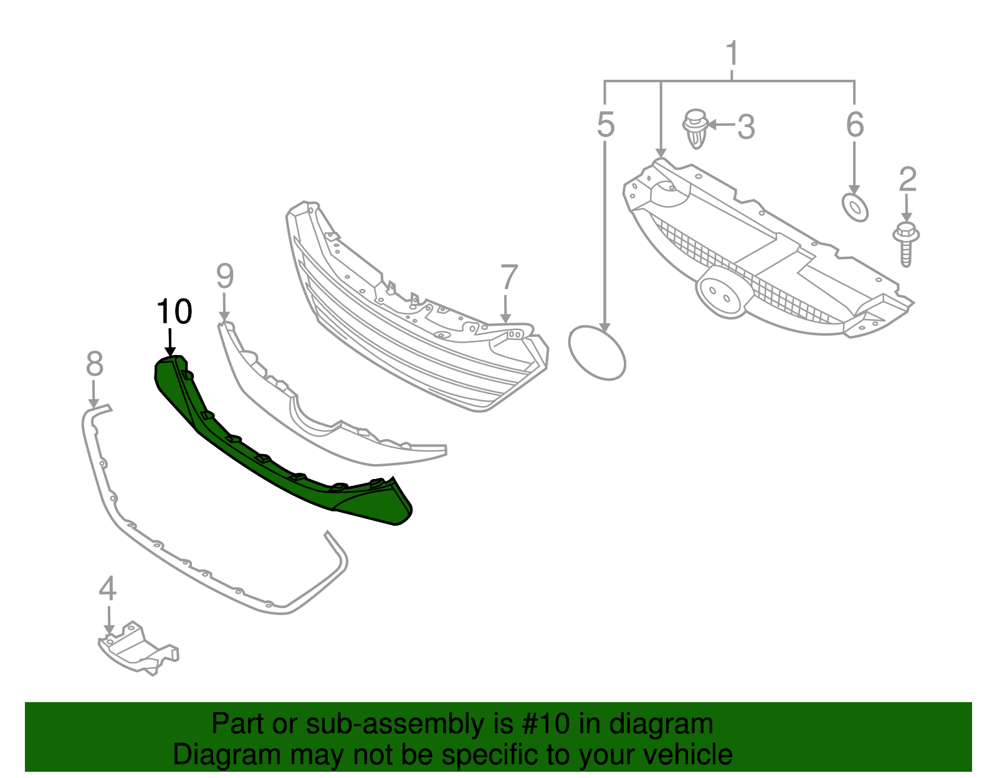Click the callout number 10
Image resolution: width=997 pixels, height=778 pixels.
click(174, 311)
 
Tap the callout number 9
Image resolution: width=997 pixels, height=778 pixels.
click(224, 276)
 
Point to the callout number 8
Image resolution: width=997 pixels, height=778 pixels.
click(94, 364)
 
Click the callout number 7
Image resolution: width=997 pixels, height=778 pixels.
click(508, 277)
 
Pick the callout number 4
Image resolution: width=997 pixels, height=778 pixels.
click(107, 589)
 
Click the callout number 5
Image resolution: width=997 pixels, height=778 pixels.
click(605, 125)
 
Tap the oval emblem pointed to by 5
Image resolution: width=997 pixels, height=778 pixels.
click(597, 353)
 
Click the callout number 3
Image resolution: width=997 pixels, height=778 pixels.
click(746, 127)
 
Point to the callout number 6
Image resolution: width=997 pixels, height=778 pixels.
click(855, 125)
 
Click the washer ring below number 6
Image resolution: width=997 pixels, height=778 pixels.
click(855, 207)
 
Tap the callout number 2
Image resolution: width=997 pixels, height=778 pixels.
click(907, 179)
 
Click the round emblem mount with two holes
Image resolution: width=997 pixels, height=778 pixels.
click(720, 293)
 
